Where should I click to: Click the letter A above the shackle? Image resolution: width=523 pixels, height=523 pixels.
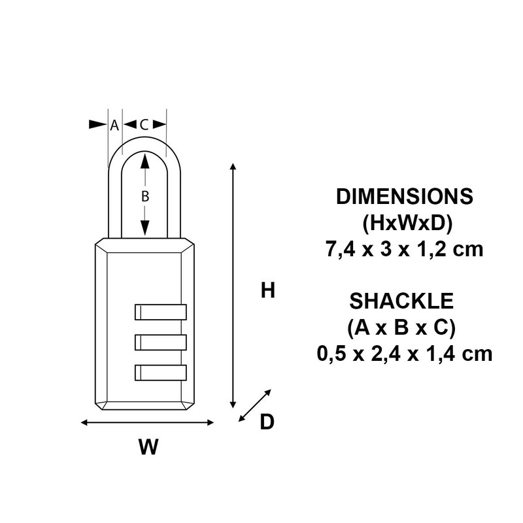[114, 124]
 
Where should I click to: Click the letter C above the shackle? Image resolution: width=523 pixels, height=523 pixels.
[144, 124]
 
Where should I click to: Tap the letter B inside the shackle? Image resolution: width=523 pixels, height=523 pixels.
[145, 195]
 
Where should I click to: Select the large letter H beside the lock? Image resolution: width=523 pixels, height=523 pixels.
[267, 290]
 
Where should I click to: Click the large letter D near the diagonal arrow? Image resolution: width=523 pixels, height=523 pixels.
[267, 423]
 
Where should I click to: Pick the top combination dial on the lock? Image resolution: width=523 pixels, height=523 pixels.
[160, 312]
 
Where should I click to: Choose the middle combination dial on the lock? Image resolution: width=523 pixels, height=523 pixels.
[160, 343]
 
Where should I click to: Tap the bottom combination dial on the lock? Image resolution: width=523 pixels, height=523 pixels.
[160, 373]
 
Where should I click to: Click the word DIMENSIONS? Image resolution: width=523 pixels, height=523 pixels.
[403, 197]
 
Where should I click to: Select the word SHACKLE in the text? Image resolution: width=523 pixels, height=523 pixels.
[402, 301]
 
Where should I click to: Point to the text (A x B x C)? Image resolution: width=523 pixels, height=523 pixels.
[402, 327]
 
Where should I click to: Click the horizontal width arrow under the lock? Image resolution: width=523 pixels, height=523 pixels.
[147, 423]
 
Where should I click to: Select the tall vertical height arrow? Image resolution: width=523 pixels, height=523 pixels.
[232, 285]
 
